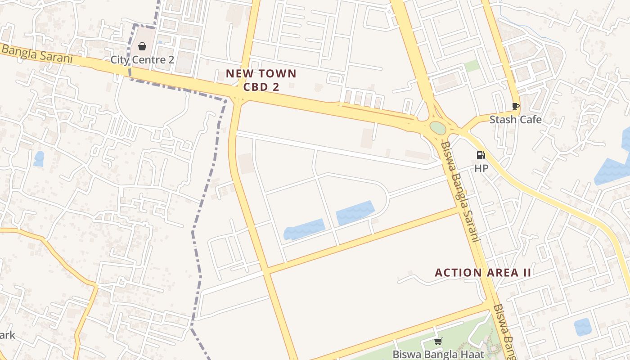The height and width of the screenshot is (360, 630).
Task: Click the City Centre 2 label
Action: tap(142, 59)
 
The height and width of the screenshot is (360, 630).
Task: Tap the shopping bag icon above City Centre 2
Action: tap(142, 46)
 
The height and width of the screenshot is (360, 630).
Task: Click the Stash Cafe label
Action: tap(515, 120)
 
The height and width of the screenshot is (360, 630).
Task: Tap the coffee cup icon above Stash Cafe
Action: tap(516, 107)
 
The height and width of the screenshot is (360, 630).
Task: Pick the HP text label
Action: tap(481, 168)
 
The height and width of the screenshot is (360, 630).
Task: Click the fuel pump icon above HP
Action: tap(481, 155)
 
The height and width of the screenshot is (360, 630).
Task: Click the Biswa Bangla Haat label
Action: tap(438, 354)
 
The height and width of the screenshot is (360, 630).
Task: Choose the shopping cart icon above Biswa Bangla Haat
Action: tap(438, 342)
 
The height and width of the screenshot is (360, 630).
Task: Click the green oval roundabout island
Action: tap(438, 128)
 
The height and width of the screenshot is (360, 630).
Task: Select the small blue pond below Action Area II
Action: tap(583, 326)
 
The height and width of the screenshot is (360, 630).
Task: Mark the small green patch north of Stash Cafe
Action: tap(472, 66)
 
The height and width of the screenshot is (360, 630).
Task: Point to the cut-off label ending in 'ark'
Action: tap(8, 335)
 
